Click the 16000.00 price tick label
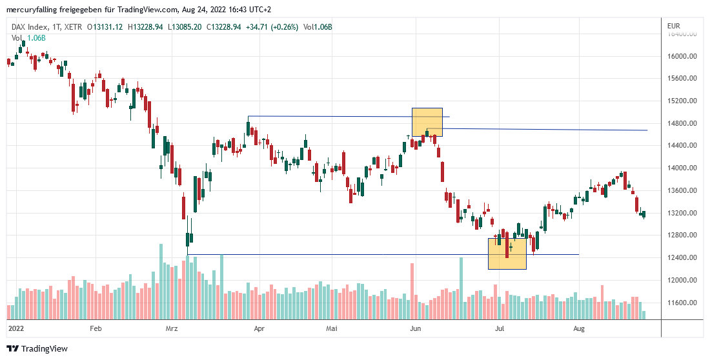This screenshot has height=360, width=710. (682, 56)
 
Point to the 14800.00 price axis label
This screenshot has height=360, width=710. (682, 123)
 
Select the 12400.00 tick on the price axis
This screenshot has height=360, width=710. (682, 258)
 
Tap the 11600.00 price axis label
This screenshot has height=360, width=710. (682, 303)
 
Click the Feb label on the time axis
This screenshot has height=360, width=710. (96, 328)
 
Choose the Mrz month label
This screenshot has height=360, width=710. (172, 328)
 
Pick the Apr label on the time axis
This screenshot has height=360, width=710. (259, 328)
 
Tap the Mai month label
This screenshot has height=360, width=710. (332, 328)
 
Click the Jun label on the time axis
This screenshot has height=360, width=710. (416, 328)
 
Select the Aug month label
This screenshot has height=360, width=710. (579, 328)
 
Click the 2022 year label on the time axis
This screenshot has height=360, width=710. (15, 328)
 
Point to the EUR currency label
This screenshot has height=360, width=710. (673, 25)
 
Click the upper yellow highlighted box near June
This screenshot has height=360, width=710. (427, 122)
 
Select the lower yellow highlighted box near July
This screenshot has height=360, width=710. (507, 253)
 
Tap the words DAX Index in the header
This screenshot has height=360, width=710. (30, 27)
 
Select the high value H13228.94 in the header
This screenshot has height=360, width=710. (145, 27)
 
